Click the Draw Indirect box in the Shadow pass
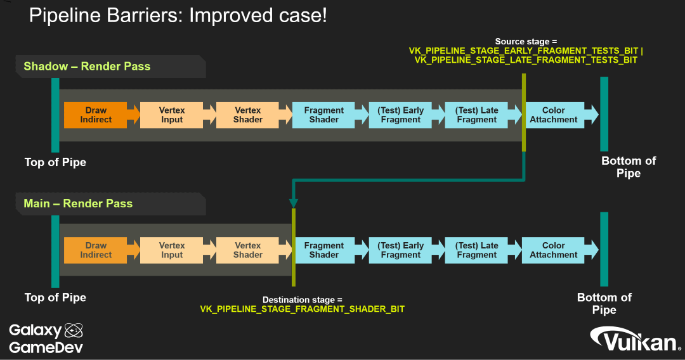[x=96, y=115]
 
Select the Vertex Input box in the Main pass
[x=172, y=250]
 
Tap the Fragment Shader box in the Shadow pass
[x=324, y=115]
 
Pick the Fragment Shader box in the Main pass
[x=324, y=250]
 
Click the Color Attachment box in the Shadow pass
[x=554, y=115]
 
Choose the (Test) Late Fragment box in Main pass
[x=477, y=250]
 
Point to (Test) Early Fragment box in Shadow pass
[x=401, y=115]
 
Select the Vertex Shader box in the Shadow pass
[x=248, y=115]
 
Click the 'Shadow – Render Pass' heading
[x=87, y=67]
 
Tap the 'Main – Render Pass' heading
[x=78, y=203]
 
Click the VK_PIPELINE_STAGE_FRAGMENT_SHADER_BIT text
[x=302, y=309]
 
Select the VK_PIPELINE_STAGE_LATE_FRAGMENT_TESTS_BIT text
[x=526, y=60]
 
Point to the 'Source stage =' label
[x=526, y=41]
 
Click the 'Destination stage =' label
[x=302, y=299]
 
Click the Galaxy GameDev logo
[x=46, y=338]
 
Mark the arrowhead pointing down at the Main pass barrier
[x=293, y=203]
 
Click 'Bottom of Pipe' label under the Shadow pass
[x=629, y=167]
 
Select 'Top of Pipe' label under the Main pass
[x=55, y=297]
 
